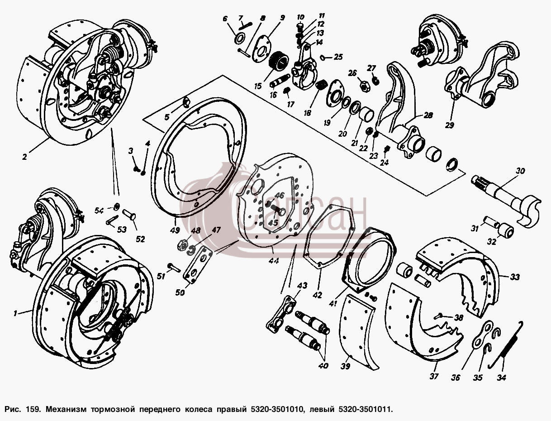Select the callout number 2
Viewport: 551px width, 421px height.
click(24, 157)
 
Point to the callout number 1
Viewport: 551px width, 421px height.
click(15, 313)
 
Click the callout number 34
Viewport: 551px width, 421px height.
click(502, 377)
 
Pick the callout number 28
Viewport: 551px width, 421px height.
click(428, 115)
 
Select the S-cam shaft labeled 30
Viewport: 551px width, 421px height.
click(506, 201)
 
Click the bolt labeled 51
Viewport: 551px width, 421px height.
click(173, 267)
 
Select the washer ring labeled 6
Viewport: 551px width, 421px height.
click(240, 39)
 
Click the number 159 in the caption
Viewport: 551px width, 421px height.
click(33, 409)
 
